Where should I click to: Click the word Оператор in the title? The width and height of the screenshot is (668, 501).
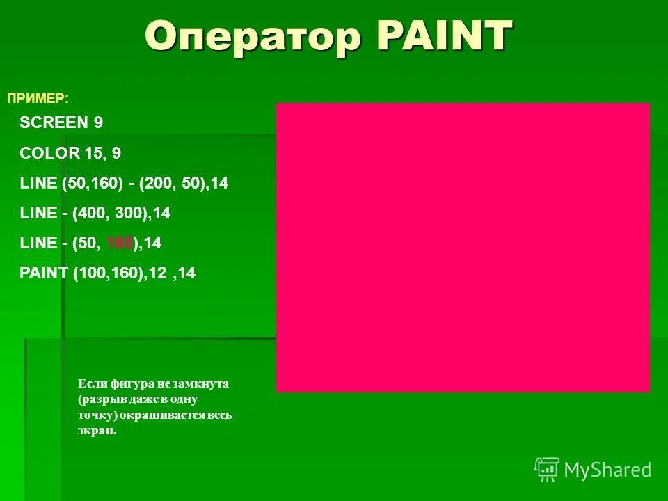pos(253,36)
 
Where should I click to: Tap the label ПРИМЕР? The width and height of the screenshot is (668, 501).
pos(38,98)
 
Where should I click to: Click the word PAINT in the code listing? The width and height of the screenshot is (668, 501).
pos(44,273)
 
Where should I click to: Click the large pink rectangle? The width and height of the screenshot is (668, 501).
pos(463,247)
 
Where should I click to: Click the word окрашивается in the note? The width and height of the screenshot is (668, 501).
pos(164,415)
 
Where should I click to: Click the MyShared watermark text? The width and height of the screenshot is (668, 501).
pos(607,470)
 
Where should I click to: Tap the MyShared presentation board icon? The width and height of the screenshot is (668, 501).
pos(547,470)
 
